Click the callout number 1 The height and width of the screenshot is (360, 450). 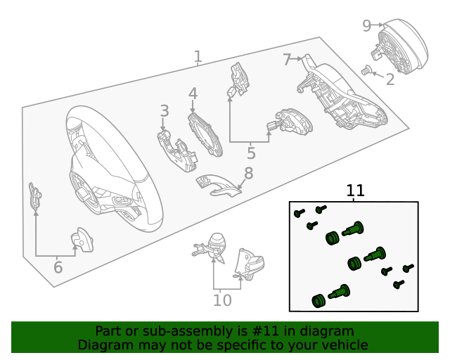pos(198,56)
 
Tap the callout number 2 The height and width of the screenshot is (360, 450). pos(390,79)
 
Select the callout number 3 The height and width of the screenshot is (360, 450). pos(164,110)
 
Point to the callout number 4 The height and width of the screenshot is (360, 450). pos(193,94)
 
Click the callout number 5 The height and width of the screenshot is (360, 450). pos(251,153)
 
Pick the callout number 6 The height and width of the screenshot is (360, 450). pos(58,266)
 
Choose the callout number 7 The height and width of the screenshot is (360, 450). pos(287,60)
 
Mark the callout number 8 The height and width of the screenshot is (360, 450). pos(248,173)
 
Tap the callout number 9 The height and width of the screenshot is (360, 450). pos(366,26)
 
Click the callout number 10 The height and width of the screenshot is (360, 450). pos(222,300)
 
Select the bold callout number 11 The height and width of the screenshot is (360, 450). pos(356,191)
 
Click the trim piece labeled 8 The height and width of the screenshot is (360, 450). pos(218,184)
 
